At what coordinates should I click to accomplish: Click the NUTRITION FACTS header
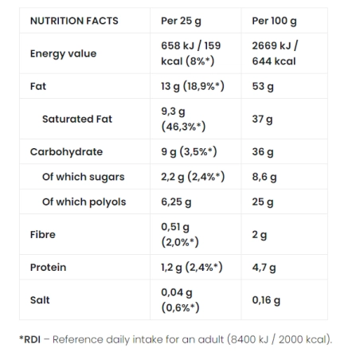click(x=74, y=21)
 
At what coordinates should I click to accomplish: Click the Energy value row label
click(x=63, y=53)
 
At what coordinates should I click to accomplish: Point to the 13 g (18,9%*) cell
click(x=187, y=86)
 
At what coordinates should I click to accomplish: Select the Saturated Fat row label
click(x=77, y=119)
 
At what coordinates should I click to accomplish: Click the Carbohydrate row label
click(x=66, y=151)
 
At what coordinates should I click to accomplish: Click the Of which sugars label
click(x=83, y=177)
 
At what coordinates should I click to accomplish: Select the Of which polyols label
click(x=84, y=202)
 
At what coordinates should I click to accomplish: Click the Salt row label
click(x=40, y=300)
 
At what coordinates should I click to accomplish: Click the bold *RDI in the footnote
click(x=31, y=340)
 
